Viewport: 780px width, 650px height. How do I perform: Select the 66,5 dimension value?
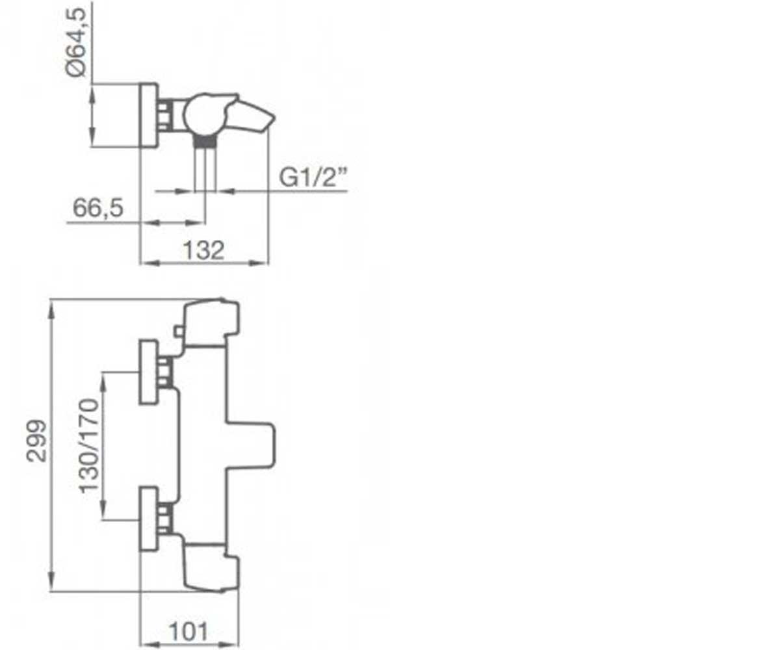pos(98,208)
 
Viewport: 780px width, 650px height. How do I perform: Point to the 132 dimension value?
pos(203,250)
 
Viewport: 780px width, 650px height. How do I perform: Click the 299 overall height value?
pos(36,441)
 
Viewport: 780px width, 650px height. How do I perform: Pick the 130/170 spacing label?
pos(89,446)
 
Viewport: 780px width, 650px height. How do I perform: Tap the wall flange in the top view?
pos(149,116)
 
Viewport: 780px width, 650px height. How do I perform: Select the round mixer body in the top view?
pos(203,115)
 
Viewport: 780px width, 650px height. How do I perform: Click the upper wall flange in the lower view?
pos(148,372)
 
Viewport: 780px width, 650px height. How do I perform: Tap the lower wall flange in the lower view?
pos(148,519)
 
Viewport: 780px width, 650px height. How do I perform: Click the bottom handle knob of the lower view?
pos(211,568)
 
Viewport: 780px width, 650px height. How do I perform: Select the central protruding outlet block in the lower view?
pos(251,445)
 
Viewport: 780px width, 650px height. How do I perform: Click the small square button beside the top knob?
pos(179,331)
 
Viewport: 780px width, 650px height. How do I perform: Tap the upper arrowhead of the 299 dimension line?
pos(52,309)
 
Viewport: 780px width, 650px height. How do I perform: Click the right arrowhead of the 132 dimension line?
pos(259,263)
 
